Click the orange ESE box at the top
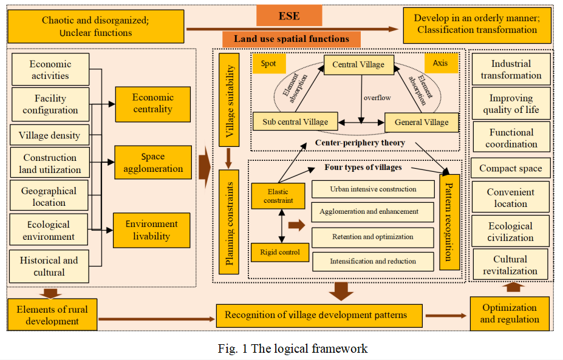pos(294,15)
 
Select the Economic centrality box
pos(152,104)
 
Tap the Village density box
pos(49,135)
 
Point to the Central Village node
pos(358,65)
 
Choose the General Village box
pos(421,122)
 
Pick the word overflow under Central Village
pos(377,97)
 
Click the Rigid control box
pos(281,251)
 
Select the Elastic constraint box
pos(278,195)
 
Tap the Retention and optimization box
pos(373,237)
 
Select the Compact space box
pos(511,169)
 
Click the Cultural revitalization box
pos(510,265)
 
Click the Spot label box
pos(268,63)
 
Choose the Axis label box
pos(440,63)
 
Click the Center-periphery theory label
pos(360,143)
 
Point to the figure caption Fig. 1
pos(293,348)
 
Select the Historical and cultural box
pos(49,267)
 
